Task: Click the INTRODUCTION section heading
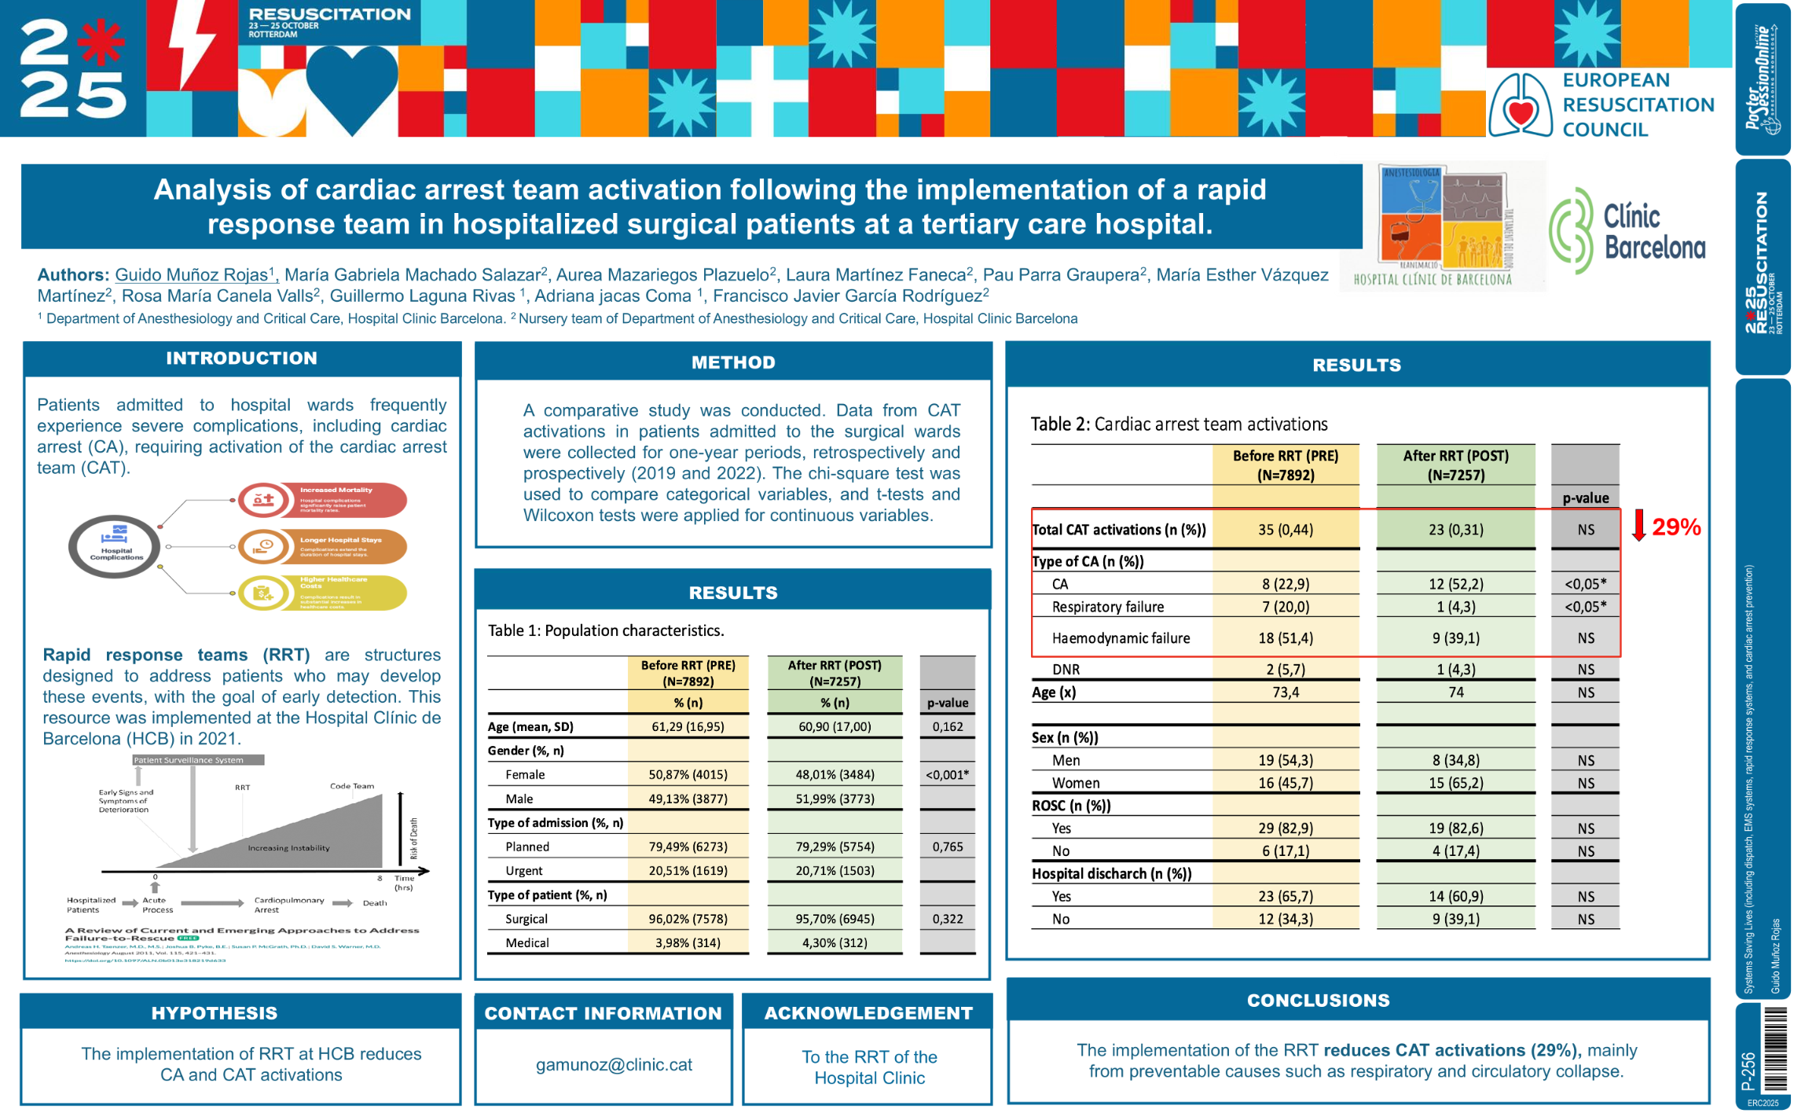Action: point(241,358)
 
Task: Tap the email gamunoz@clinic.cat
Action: point(614,1064)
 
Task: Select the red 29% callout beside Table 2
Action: point(1675,527)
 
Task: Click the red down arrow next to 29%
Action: point(1638,525)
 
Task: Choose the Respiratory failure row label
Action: point(1107,606)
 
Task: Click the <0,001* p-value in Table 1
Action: point(947,774)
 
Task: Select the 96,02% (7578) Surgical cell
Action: point(688,918)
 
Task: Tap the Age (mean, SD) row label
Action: point(530,726)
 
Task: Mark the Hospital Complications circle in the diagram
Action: point(115,546)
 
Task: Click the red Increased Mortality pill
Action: point(322,500)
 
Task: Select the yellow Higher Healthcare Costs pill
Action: point(322,593)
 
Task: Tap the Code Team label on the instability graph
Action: point(351,786)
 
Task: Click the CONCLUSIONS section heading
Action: point(1318,1000)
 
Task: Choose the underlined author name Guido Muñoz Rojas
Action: point(193,274)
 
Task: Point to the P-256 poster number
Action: point(1748,1070)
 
